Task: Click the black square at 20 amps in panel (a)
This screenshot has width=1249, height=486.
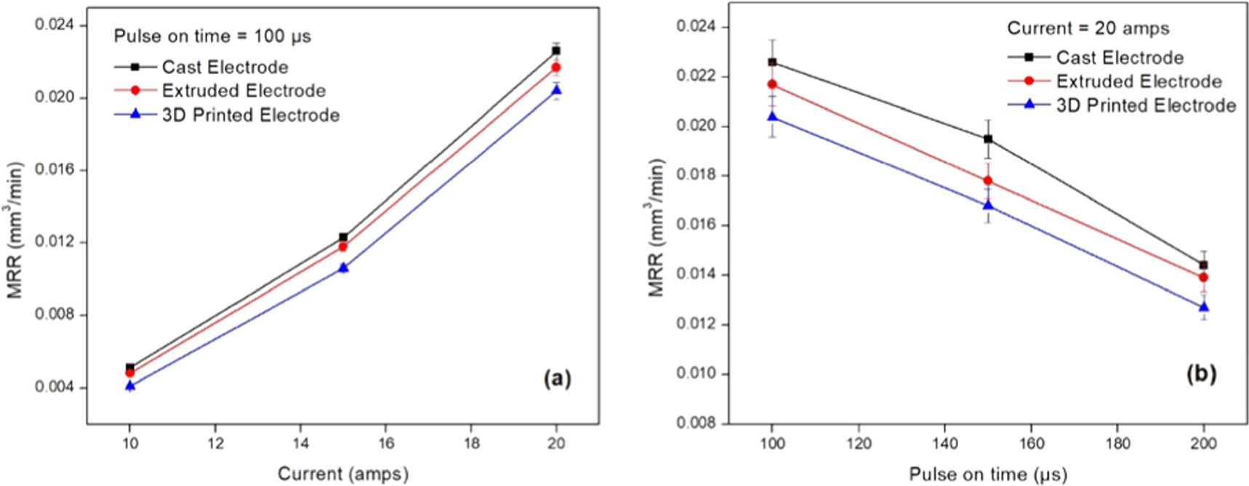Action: point(556,51)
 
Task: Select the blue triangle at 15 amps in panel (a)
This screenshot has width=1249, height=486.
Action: point(343,267)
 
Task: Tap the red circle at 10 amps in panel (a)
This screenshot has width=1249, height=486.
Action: point(130,373)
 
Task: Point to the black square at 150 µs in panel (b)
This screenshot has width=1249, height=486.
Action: point(988,139)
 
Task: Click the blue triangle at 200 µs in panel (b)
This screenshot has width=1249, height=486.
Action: point(1204,307)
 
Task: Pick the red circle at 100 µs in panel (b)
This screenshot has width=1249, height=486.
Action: point(772,84)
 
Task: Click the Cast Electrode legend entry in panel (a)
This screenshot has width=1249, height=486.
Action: point(201,67)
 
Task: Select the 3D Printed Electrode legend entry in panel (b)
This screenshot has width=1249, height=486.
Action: point(1122,105)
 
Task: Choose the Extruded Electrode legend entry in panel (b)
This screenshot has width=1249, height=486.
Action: point(1115,81)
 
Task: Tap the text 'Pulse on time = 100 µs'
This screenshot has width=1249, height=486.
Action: point(212,36)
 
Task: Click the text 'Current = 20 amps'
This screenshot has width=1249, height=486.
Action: point(1088,28)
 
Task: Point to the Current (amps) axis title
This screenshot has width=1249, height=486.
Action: point(343,474)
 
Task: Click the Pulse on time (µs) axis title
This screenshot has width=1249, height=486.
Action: point(988,475)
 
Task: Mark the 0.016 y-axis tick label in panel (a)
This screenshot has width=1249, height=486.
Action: point(55,170)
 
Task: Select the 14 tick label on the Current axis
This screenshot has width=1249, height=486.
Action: point(300,443)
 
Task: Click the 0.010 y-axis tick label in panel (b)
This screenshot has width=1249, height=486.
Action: point(696,373)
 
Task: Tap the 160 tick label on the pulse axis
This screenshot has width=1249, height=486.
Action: point(1032,443)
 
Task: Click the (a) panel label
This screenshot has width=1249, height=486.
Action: point(558,378)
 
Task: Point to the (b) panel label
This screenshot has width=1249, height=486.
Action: point(1201,373)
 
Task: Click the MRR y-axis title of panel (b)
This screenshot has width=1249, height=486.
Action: point(656,228)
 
